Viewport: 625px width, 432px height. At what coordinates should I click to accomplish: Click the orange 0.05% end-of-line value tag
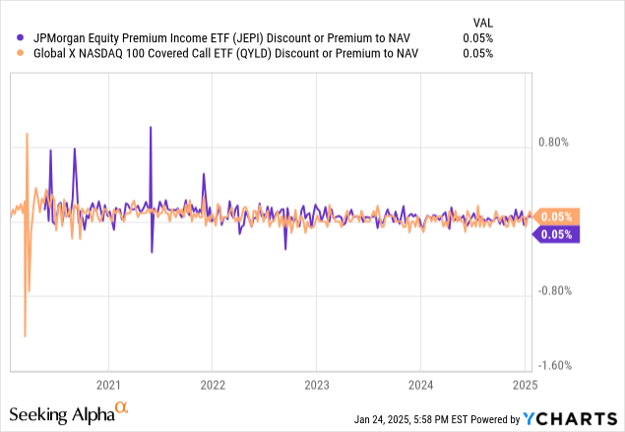point(556,216)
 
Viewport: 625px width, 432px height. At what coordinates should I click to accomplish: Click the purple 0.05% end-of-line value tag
point(556,234)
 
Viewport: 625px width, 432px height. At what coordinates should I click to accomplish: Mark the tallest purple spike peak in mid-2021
point(151,127)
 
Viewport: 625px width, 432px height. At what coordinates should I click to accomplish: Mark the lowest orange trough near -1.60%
point(25,336)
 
